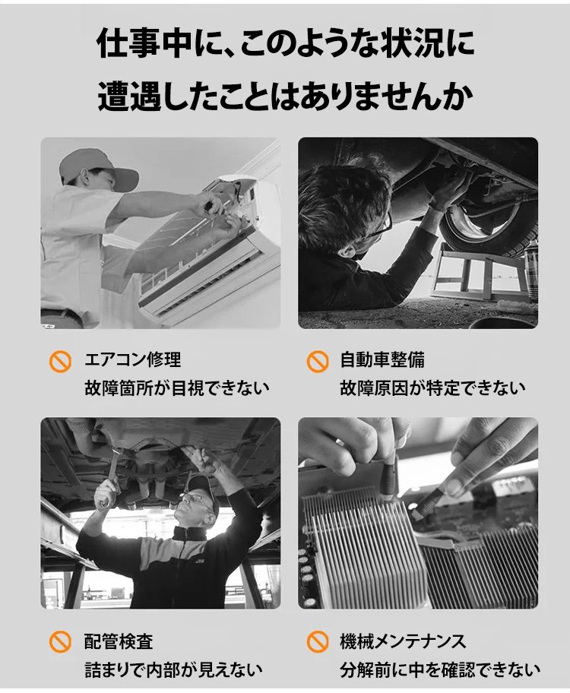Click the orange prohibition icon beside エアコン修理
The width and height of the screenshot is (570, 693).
(60, 362)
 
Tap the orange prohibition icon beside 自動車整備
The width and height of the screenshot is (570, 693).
(318, 362)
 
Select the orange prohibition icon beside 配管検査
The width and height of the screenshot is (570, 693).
(60, 642)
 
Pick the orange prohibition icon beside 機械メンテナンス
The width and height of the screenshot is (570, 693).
(318, 642)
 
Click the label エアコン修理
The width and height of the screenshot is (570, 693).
(133, 359)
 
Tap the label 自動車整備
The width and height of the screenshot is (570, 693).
(382, 359)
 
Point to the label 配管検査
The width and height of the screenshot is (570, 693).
(119, 642)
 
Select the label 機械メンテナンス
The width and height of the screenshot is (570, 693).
(403, 642)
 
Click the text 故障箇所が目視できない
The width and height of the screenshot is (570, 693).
(177, 388)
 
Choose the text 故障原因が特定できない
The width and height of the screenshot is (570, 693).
(433, 388)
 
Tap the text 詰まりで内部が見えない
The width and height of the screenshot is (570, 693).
(173, 670)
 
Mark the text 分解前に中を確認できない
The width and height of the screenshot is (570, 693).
(440, 670)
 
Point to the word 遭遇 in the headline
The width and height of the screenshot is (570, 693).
(129, 95)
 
